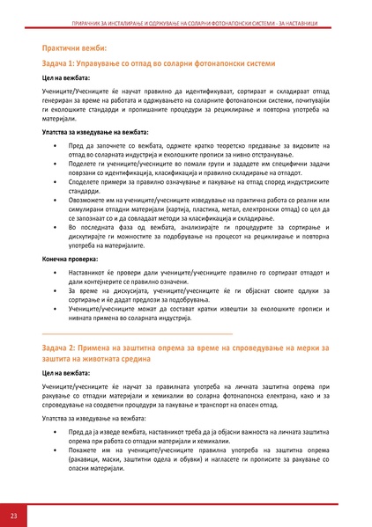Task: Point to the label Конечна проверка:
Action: click(73, 260)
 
